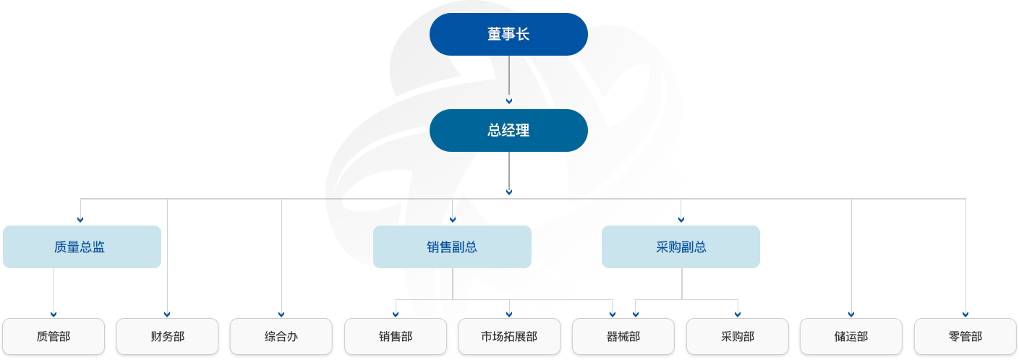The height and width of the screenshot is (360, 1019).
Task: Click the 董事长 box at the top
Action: pos(508,34)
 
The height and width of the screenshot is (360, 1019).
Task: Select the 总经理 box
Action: pos(508,131)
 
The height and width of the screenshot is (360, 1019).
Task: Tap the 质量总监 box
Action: pos(80,247)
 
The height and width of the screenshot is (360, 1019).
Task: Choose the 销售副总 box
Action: pos(452,247)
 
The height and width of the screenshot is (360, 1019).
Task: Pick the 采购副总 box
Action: pos(681,247)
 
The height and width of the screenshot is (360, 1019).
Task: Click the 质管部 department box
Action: pos(54,337)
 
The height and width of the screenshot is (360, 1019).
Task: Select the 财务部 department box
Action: pos(167,337)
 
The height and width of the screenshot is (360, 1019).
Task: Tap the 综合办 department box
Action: pos(281,337)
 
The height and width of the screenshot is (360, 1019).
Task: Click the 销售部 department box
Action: pos(396,337)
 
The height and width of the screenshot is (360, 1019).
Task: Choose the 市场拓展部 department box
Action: pos(509,337)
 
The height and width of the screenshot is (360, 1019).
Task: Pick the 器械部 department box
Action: pos(623,337)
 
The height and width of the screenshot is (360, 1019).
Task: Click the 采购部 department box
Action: pos(738,337)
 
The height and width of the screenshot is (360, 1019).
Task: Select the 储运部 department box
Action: pos(851,337)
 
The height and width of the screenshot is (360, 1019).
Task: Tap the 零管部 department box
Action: pos(965,337)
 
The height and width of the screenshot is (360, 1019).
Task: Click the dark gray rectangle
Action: pos(224,251)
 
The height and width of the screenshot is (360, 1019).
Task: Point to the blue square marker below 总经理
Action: pos(509,192)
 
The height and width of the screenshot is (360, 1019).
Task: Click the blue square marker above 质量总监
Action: pos(80,219)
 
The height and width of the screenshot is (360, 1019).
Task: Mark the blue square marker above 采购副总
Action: pos(681,219)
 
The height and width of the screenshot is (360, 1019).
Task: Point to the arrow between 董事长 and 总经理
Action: pos(509,100)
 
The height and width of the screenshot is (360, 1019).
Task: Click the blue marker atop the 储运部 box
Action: pos(851,314)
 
